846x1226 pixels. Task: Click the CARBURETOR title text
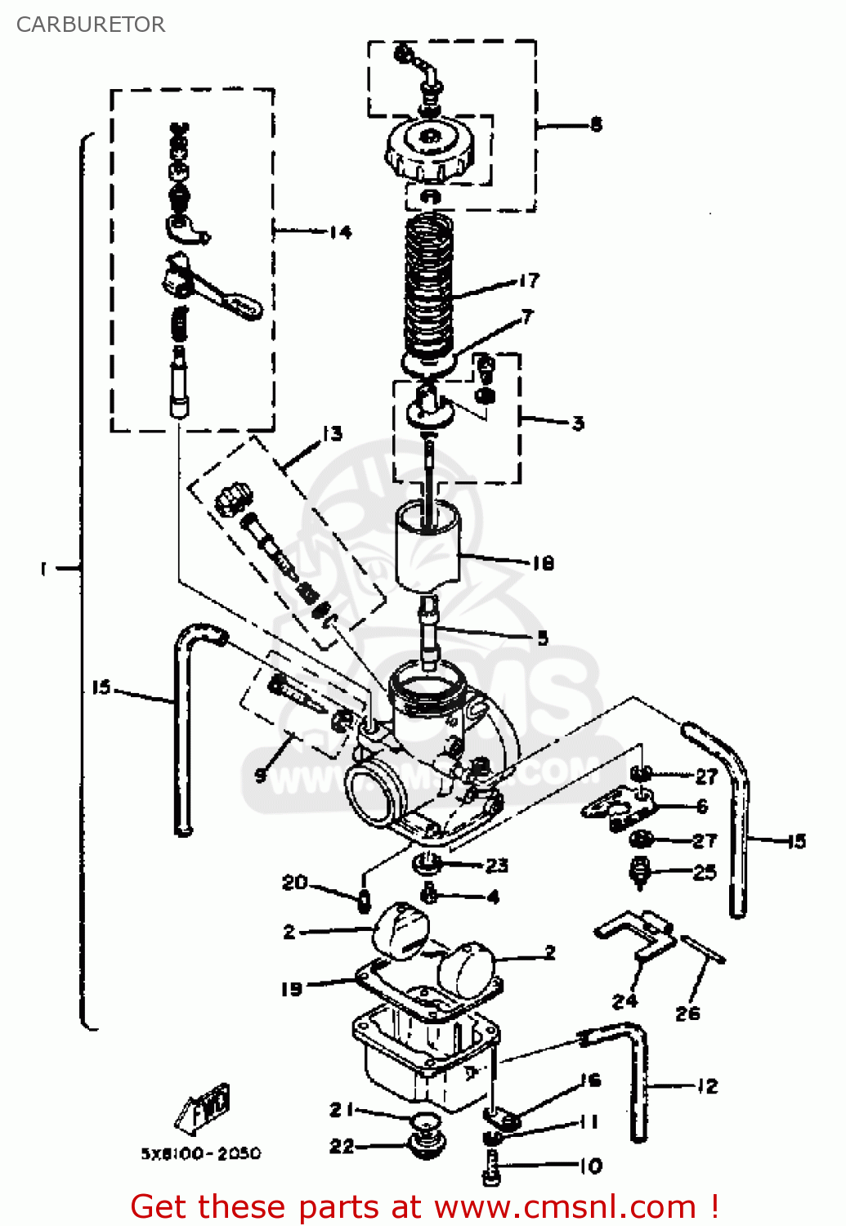click(91, 25)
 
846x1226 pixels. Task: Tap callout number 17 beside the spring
click(529, 281)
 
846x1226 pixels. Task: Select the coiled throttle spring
click(429, 282)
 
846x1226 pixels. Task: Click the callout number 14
click(341, 232)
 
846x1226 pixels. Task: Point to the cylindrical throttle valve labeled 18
click(427, 546)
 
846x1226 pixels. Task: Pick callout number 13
click(332, 433)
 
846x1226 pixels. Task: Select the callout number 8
click(596, 124)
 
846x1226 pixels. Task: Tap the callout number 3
click(578, 423)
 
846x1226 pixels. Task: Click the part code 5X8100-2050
click(201, 1153)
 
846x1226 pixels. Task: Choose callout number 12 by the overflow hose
click(707, 1086)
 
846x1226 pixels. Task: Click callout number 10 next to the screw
click(591, 1166)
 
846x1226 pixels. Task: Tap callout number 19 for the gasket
click(292, 989)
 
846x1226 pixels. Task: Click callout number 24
click(624, 1000)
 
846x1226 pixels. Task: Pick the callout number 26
click(687, 1013)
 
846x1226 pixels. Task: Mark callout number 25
click(705, 872)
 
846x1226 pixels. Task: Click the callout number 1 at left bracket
click(43, 568)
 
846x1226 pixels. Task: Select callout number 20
click(294, 883)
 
